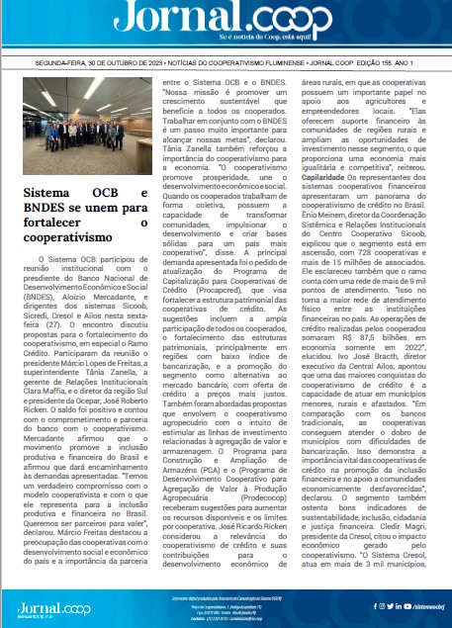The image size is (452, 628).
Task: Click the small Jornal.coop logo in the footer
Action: [x=40, y=604]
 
